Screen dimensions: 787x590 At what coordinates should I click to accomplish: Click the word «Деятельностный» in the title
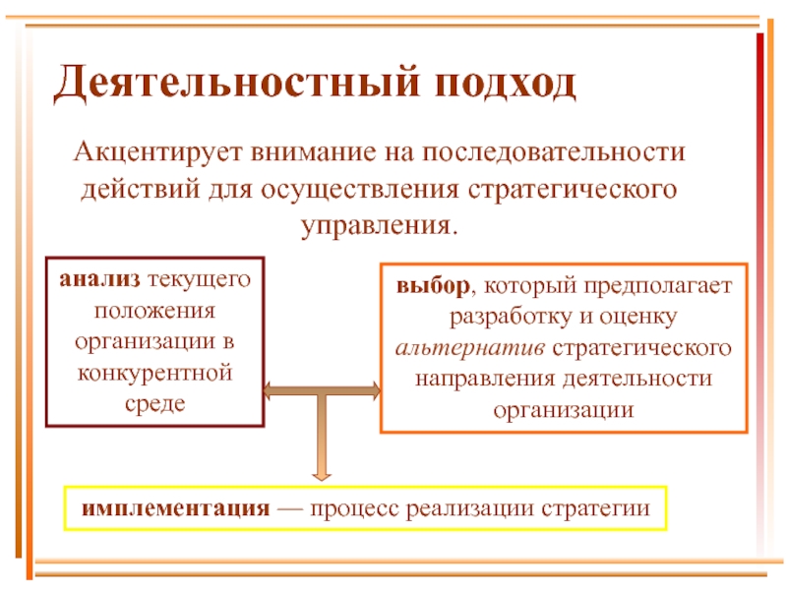[x=229, y=85]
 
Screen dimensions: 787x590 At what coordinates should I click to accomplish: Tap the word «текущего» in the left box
[x=200, y=280]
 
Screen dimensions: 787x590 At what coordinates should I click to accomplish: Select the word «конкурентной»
[x=156, y=374]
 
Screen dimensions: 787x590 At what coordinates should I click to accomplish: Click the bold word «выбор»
[x=432, y=288]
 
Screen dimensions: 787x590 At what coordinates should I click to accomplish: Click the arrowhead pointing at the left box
[x=271, y=391]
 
